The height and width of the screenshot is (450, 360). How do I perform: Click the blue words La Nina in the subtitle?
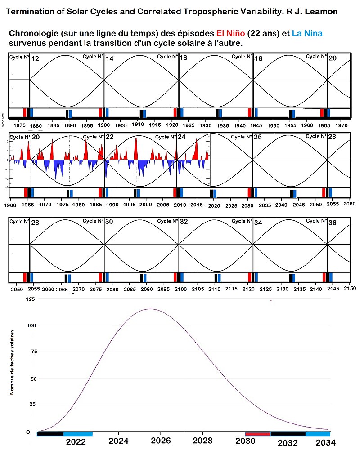coord(306,34)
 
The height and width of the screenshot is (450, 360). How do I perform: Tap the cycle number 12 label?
coord(35,58)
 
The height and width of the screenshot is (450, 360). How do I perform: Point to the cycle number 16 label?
coord(183,58)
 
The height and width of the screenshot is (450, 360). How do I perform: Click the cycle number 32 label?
coord(184,222)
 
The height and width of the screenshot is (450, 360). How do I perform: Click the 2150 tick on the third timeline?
coord(350,288)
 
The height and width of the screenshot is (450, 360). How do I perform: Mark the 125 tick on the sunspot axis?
coord(31,299)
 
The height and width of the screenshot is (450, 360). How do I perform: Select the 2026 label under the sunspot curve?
coord(160,441)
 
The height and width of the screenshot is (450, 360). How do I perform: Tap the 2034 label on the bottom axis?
coord(321,442)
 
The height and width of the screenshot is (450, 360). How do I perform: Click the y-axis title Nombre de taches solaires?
coord(12,362)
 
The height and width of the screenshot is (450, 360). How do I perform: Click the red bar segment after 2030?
coord(257,434)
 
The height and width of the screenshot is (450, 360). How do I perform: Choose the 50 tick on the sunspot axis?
coord(32,379)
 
